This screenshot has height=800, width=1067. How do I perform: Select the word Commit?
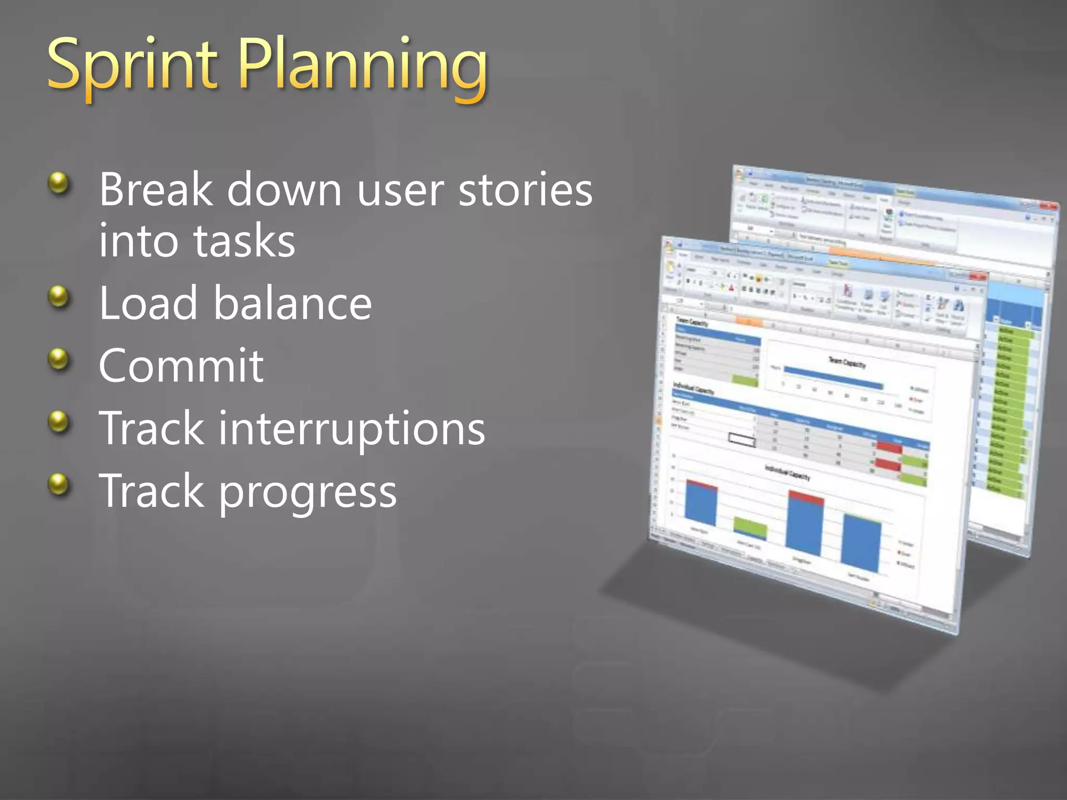click(181, 366)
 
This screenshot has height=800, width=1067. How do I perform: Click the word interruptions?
click(352, 428)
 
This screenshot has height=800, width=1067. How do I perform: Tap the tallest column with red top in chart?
click(805, 526)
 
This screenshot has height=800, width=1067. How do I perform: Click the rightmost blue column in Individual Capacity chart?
click(861, 544)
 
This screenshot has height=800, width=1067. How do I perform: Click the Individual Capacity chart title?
click(787, 472)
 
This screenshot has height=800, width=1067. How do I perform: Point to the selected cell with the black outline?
click(741, 440)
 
